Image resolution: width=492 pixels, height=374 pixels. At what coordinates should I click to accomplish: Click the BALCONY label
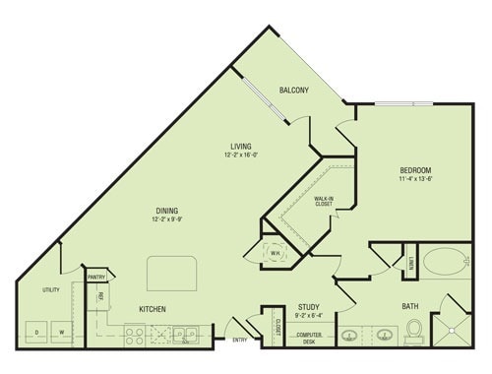[x=293, y=91]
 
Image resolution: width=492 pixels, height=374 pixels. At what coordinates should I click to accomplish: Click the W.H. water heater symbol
[x=276, y=250]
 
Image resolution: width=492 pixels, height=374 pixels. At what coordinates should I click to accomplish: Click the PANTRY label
[x=96, y=278]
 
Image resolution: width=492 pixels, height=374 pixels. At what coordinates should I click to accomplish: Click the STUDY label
[x=307, y=306]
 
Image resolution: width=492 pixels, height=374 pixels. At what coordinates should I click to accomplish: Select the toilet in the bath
[x=413, y=331]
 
